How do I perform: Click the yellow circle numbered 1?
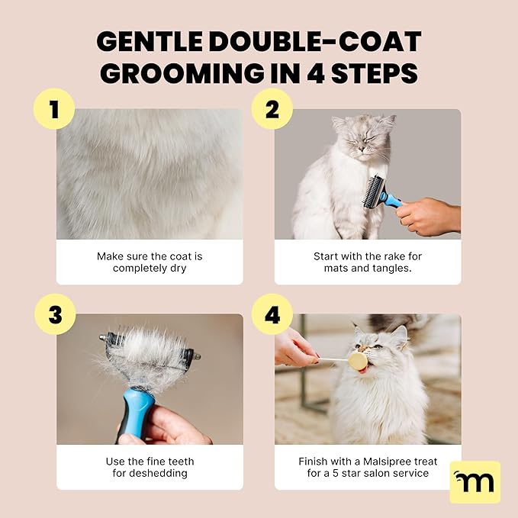click(x=54, y=109)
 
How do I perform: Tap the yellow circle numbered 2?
click(x=272, y=109)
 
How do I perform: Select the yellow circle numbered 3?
click(x=54, y=314)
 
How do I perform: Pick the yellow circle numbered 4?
click(x=272, y=314)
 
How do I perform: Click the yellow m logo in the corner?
click(x=475, y=481)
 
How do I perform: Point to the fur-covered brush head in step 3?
click(x=150, y=350)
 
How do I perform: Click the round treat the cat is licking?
click(x=357, y=360)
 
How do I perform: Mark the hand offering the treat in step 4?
click(x=294, y=348)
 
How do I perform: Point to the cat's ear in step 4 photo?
click(x=398, y=334)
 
